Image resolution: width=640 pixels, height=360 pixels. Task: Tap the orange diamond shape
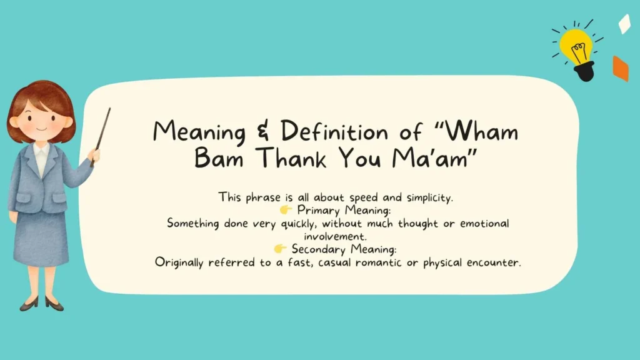620,68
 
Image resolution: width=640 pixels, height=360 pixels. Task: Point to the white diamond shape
624,24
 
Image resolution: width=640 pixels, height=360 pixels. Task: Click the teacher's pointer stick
101,135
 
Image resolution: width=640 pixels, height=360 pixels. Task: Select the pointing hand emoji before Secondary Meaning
281,249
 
